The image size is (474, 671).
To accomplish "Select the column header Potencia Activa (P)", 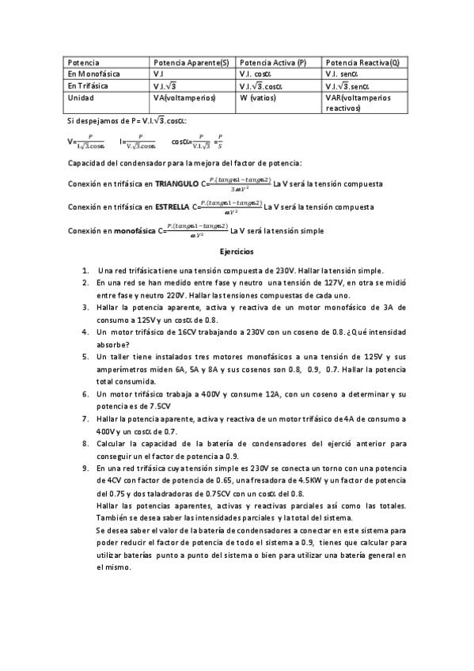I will coord(272,62).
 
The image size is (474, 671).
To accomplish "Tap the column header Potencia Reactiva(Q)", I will coord(362,62).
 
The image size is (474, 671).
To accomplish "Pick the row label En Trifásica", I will coord(88,85).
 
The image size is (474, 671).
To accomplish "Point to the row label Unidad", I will coord(81,97).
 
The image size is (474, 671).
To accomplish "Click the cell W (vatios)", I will coord(258,97).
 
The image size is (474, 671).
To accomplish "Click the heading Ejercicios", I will coord(237,251).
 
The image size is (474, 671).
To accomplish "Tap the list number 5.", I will coord(85,357).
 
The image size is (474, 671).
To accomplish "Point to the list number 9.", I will coord(85,468).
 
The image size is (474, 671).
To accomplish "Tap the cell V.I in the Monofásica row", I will coord(158,74).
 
